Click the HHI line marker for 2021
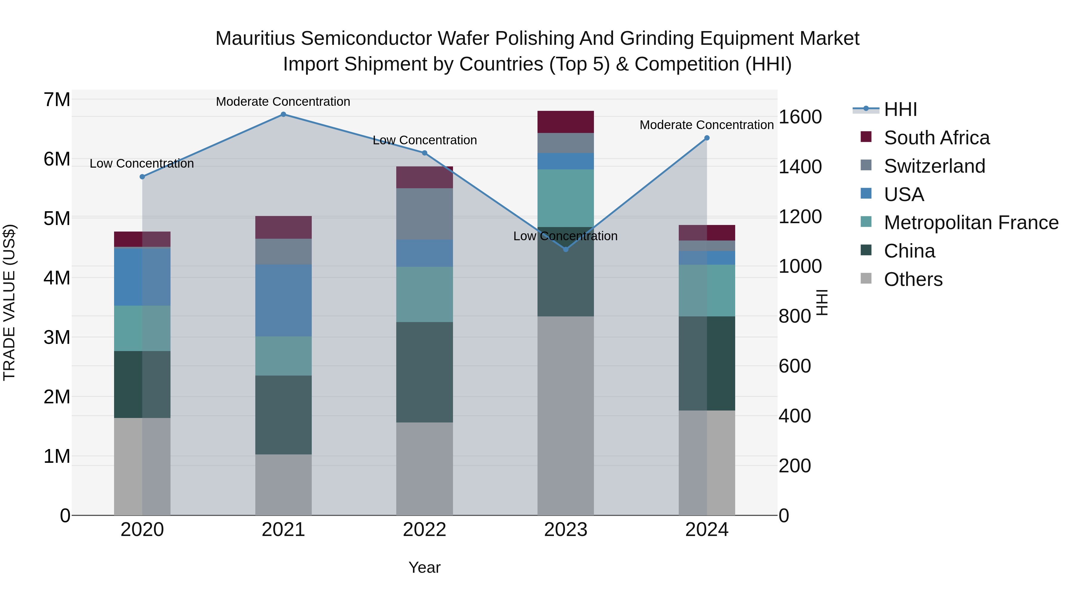coord(283,114)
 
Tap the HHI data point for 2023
coord(566,249)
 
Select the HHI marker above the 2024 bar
coord(707,138)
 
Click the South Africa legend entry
coord(936,138)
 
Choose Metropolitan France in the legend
coord(971,223)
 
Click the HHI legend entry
coord(900,109)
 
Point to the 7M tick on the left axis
coord(57,100)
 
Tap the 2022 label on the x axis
coord(424,530)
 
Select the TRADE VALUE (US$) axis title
coord(10,302)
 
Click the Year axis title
coord(424,567)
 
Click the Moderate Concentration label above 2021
coord(283,102)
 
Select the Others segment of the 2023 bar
coord(566,416)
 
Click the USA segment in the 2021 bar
coord(283,300)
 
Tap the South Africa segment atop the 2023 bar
coord(566,122)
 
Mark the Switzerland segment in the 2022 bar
coord(424,214)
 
